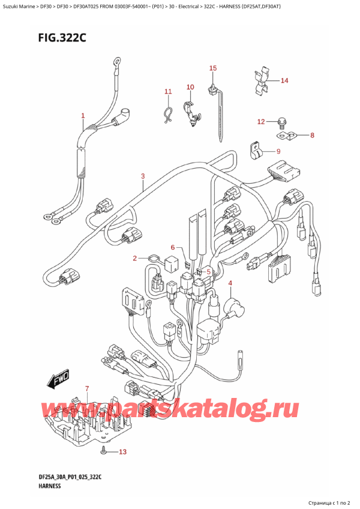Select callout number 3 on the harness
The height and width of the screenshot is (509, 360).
click(x=143, y=176)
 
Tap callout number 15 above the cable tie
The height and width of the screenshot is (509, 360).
click(x=212, y=68)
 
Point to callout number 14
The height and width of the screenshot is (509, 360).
click(x=284, y=80)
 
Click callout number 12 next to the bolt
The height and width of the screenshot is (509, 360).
click(x=260, y=122)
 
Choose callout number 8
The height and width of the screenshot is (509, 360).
click(x=311, y=136)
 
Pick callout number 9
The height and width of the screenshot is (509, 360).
click(x=278, y=151)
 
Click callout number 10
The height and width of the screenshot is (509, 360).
click(x=190, y=87)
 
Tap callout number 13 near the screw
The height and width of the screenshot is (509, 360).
click(x=123, y=452)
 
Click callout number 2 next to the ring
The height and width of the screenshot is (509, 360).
click(x=135, y=258)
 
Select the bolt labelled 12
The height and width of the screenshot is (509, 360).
click(x=281, y=124)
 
